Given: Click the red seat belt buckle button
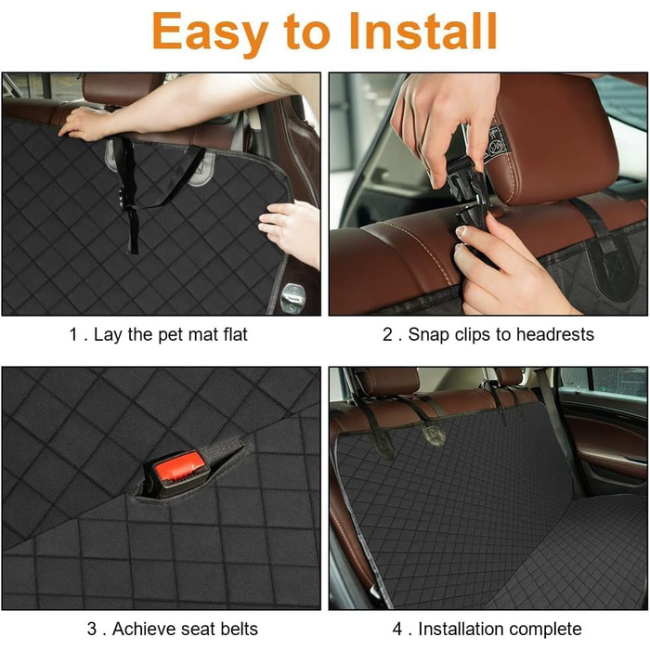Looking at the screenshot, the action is tap(180, 468).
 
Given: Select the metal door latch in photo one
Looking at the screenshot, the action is tap(292, 297).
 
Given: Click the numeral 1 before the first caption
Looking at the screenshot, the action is tap(74, 334).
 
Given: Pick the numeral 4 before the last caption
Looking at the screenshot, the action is tap(397, 629).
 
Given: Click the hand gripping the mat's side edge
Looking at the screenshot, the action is tap(290, 232).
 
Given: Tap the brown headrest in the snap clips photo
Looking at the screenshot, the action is tap(554, 136).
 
